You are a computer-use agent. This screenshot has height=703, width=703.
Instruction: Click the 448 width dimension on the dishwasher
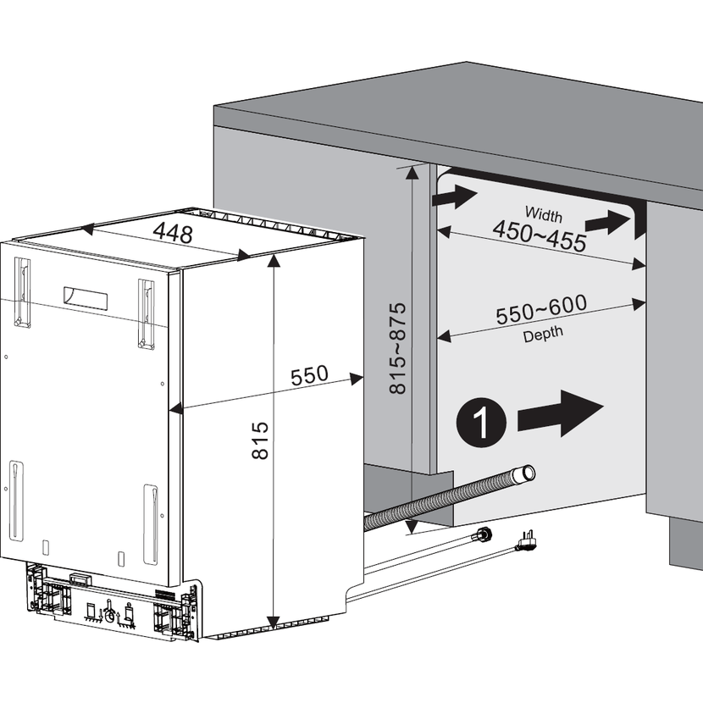173,233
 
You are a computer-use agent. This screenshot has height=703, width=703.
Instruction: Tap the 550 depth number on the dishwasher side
309,376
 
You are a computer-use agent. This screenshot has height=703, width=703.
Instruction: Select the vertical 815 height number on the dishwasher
260,440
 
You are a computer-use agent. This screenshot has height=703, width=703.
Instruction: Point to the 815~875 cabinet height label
397,348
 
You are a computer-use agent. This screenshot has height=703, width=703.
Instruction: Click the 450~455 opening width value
540,236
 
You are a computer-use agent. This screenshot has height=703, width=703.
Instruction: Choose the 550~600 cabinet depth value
541,309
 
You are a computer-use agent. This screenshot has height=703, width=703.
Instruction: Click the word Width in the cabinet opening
544,214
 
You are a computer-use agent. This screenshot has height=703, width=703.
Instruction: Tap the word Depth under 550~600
543,334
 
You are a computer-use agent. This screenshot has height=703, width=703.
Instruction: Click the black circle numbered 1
481,422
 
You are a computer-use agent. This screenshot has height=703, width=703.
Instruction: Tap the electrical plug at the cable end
526,541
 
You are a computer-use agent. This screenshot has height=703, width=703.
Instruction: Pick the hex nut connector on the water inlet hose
484,534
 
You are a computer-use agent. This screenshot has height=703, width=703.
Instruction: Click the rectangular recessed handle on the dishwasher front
86,298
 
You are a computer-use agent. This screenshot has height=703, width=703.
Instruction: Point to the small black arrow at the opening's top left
454,197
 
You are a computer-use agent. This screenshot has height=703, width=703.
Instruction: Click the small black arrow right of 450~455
607,223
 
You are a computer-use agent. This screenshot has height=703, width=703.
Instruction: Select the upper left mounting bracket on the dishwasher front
22,292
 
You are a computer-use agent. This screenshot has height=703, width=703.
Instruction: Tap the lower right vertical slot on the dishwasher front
151,524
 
